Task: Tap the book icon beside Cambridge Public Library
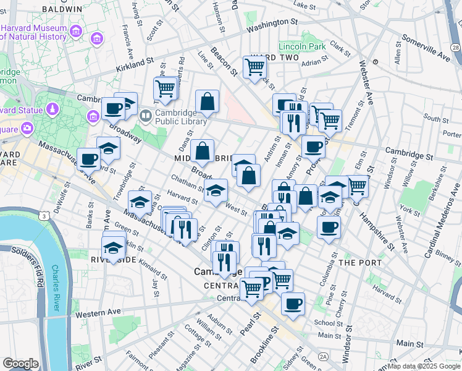(x=145, y=114)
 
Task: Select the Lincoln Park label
(x=301, y=47)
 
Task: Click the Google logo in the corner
(x=20, y=364)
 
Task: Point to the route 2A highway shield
(x=323, y=357)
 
